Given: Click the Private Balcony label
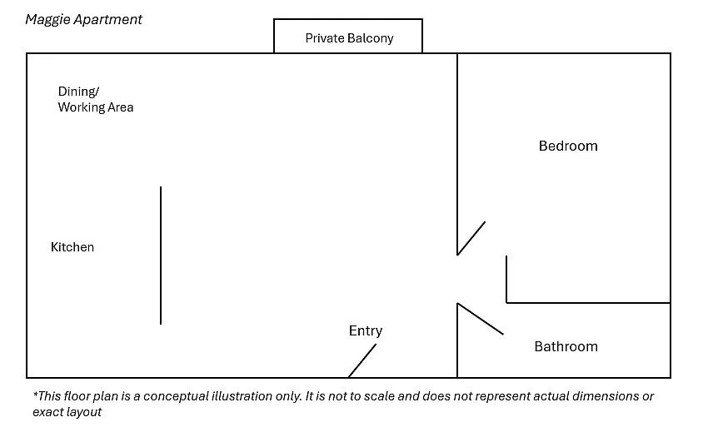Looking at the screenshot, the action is coord(349,38).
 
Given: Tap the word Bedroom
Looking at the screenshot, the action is coord(568,146).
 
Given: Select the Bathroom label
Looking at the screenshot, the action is coord(566,346).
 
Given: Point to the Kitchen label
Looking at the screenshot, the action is coord(72,247).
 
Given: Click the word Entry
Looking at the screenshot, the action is coord(366,331).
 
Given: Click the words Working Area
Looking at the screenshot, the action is coord(96,107).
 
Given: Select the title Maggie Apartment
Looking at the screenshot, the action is coord(84,20).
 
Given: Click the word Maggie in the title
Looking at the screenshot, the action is coord(47,20).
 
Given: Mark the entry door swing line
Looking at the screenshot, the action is coord(362,360).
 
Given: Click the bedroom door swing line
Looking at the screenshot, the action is coord(471,238).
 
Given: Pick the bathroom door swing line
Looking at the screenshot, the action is coord(480,319).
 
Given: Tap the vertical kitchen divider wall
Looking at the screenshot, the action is coord(161,256).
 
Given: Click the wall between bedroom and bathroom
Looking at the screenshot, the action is coord(589,303).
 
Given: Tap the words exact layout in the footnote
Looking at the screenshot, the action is coord(67,412).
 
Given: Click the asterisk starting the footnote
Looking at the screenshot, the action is coord(36,394).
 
